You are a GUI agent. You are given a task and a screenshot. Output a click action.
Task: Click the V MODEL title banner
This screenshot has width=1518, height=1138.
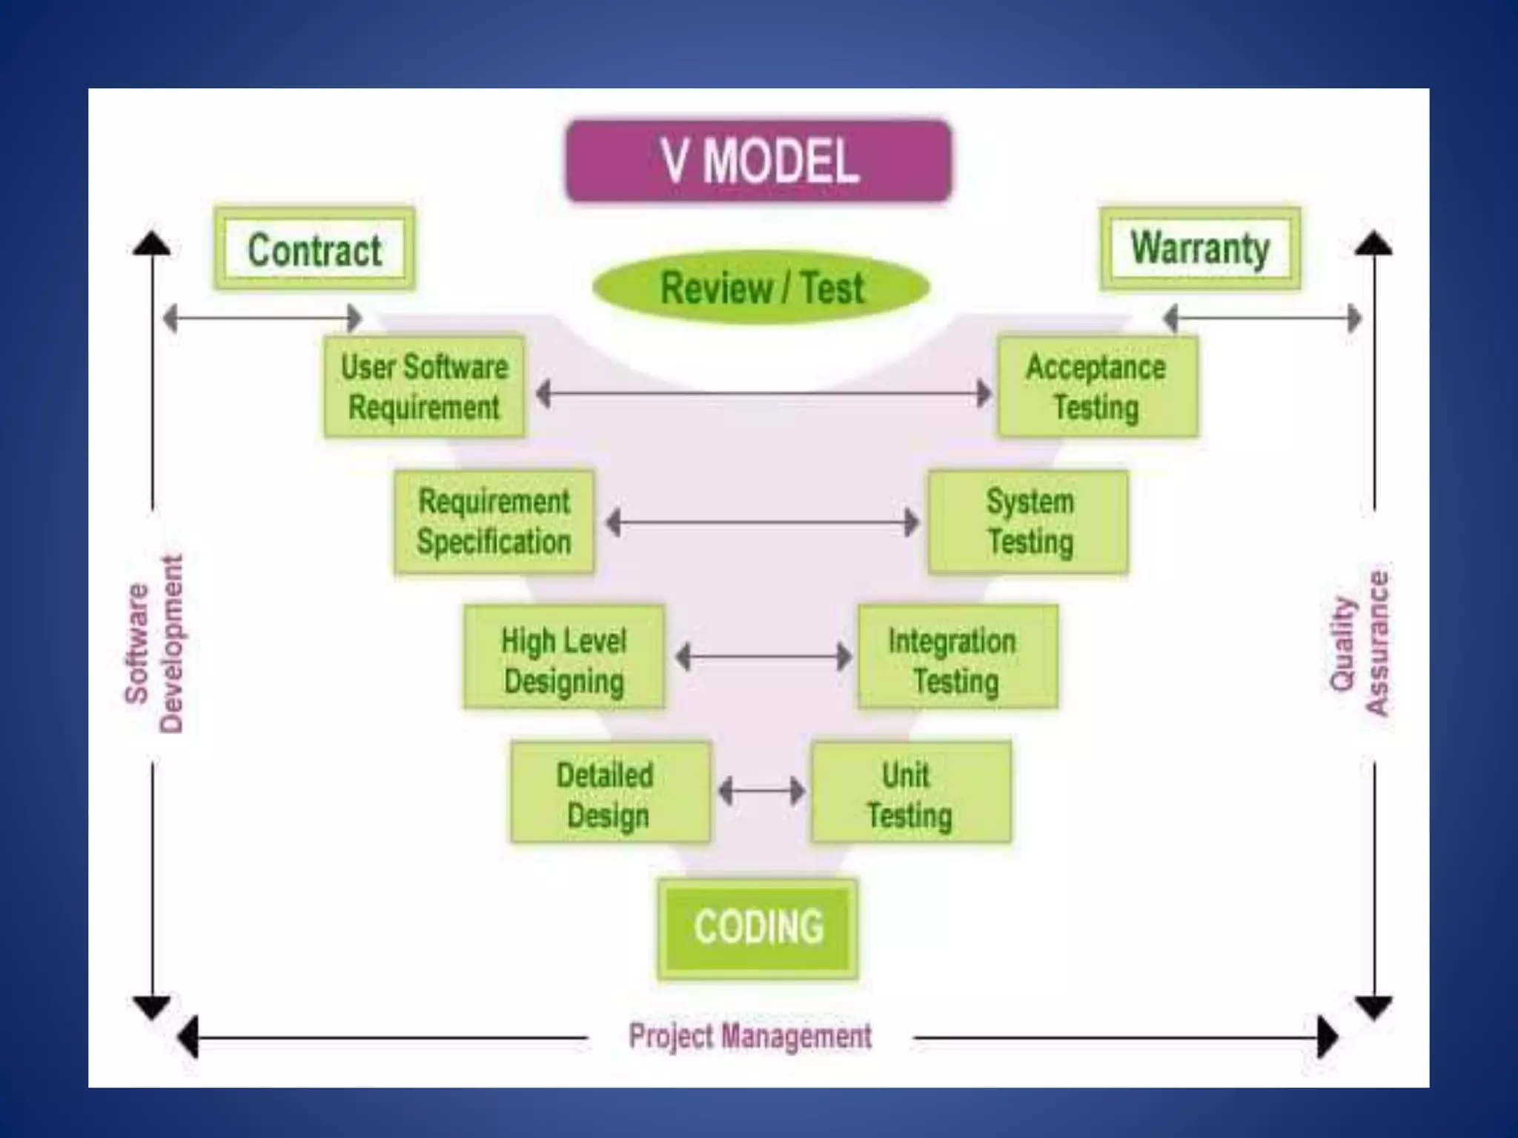click(758, 161)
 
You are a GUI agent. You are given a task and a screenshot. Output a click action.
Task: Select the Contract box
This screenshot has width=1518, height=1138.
click(314, 249)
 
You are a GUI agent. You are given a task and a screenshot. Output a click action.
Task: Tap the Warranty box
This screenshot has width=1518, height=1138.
click(1200, 248)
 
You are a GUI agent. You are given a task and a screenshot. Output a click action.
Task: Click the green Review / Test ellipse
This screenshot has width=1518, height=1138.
click(761, 287)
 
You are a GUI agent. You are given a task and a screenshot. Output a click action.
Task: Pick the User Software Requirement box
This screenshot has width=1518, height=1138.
click(424, 387)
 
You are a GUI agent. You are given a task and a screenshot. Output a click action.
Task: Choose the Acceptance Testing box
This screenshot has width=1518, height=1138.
click(1097, 387)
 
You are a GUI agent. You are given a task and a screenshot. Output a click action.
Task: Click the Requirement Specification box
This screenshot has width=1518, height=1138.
click(494, 522)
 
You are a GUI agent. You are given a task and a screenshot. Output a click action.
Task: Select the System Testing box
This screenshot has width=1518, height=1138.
click(1029, 522)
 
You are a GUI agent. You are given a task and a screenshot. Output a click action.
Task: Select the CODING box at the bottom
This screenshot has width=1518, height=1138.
click(758, 928)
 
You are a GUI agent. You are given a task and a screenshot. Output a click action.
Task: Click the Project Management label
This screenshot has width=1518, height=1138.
click(750, 1036)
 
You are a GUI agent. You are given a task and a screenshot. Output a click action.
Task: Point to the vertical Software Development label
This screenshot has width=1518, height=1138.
click(153, 643)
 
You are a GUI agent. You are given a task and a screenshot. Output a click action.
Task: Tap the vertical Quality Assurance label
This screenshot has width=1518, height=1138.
click(1359, 643)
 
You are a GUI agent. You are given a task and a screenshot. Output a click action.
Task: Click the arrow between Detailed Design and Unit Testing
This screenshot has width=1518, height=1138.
click(762, 791)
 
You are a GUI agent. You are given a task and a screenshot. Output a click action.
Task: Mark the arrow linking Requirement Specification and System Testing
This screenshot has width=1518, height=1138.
click(762, 522)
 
